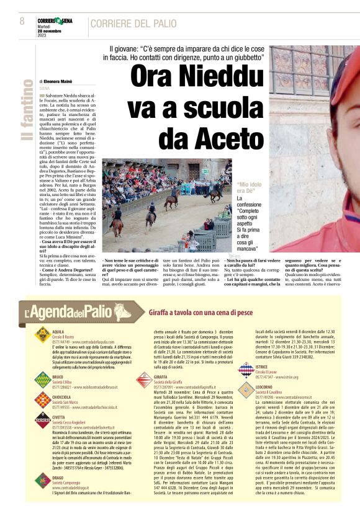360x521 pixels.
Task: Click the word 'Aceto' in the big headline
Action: point(205,136)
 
